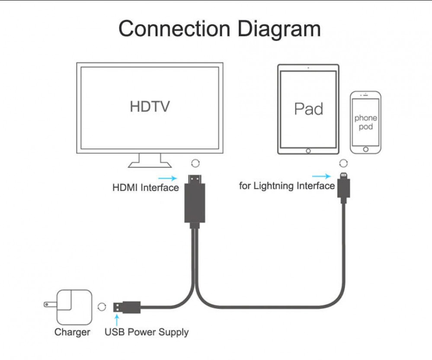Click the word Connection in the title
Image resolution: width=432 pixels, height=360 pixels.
point(175,29)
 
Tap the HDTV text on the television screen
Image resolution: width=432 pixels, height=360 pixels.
point(150,106)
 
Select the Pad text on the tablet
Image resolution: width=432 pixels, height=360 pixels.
point(308,108)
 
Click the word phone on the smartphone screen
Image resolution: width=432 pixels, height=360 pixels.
point(365,118)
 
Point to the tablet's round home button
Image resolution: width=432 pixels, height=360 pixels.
point(308,151)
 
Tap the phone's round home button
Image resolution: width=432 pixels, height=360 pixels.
point(366,149)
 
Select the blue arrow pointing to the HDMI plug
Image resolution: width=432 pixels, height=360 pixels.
point(167,178)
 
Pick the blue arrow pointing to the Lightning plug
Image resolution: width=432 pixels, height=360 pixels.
point(321,176)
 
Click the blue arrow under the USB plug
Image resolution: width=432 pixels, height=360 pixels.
point(116,320)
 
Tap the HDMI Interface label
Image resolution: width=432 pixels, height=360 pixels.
point(145,188)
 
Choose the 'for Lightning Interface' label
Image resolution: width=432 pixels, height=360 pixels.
point(287,186)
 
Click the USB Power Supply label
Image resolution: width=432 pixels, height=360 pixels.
point(147,332)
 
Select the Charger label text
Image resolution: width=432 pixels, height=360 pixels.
point(72,332)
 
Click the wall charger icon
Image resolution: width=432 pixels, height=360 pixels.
point(74,307)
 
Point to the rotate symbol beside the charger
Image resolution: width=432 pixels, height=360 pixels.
point(102,307)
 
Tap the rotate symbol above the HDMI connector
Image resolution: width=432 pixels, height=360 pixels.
point(195,163)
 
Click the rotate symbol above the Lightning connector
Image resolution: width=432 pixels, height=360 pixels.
point(343,163)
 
